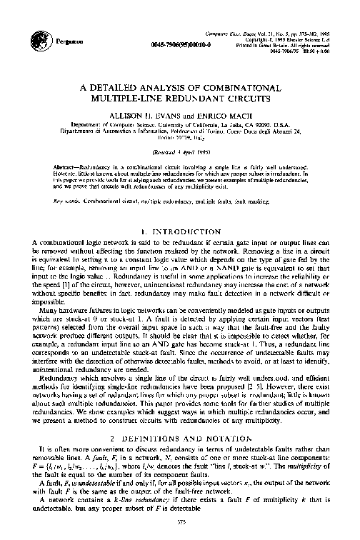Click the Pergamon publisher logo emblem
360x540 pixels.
point(41,41)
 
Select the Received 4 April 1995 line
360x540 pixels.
point(179,152)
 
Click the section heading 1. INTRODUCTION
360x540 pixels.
point(179,232)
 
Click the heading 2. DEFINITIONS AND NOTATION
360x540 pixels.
point(179,436)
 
